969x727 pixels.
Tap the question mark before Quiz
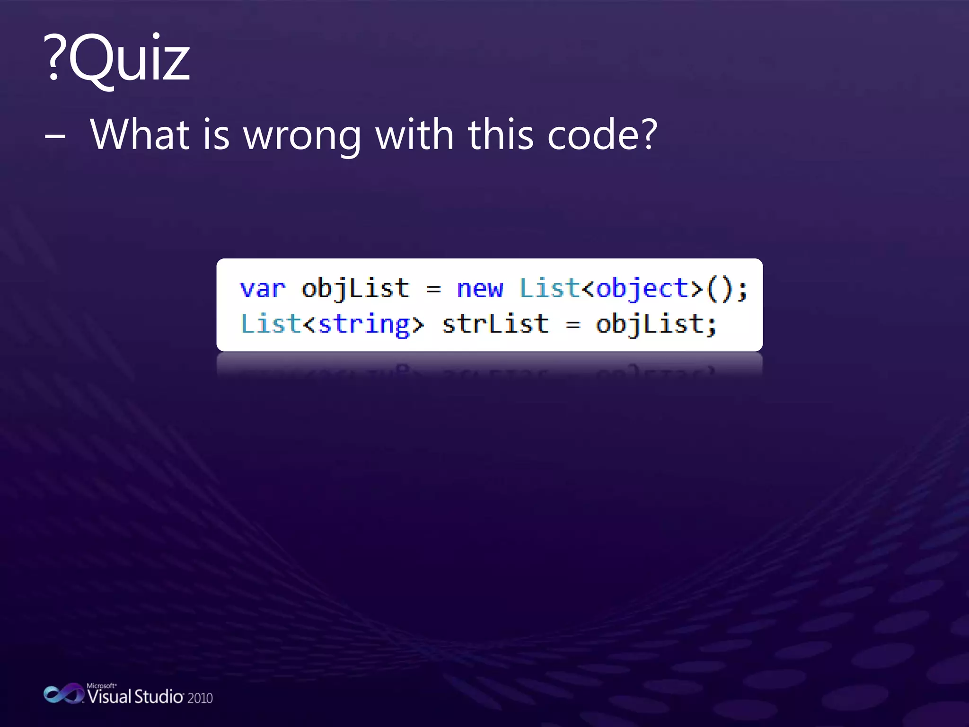click(54, 58)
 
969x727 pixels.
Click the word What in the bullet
click(140, 134)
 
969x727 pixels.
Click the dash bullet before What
click(55, 136)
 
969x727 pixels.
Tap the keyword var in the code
click(263, 289)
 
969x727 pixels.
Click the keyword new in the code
click(479, 289)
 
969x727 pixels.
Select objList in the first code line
click(355, 289)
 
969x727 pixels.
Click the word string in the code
click(364, 325)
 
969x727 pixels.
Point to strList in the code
click(495, 324)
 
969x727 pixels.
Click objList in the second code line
click(649, 325)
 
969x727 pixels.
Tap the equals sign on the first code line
click(433, 289)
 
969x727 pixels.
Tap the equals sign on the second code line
click(573, 325)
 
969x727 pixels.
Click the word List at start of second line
click(271, 324)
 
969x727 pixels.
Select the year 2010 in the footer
click(200, 698)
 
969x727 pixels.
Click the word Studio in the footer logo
click(159, 697)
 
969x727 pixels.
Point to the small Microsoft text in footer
click(101, 685)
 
